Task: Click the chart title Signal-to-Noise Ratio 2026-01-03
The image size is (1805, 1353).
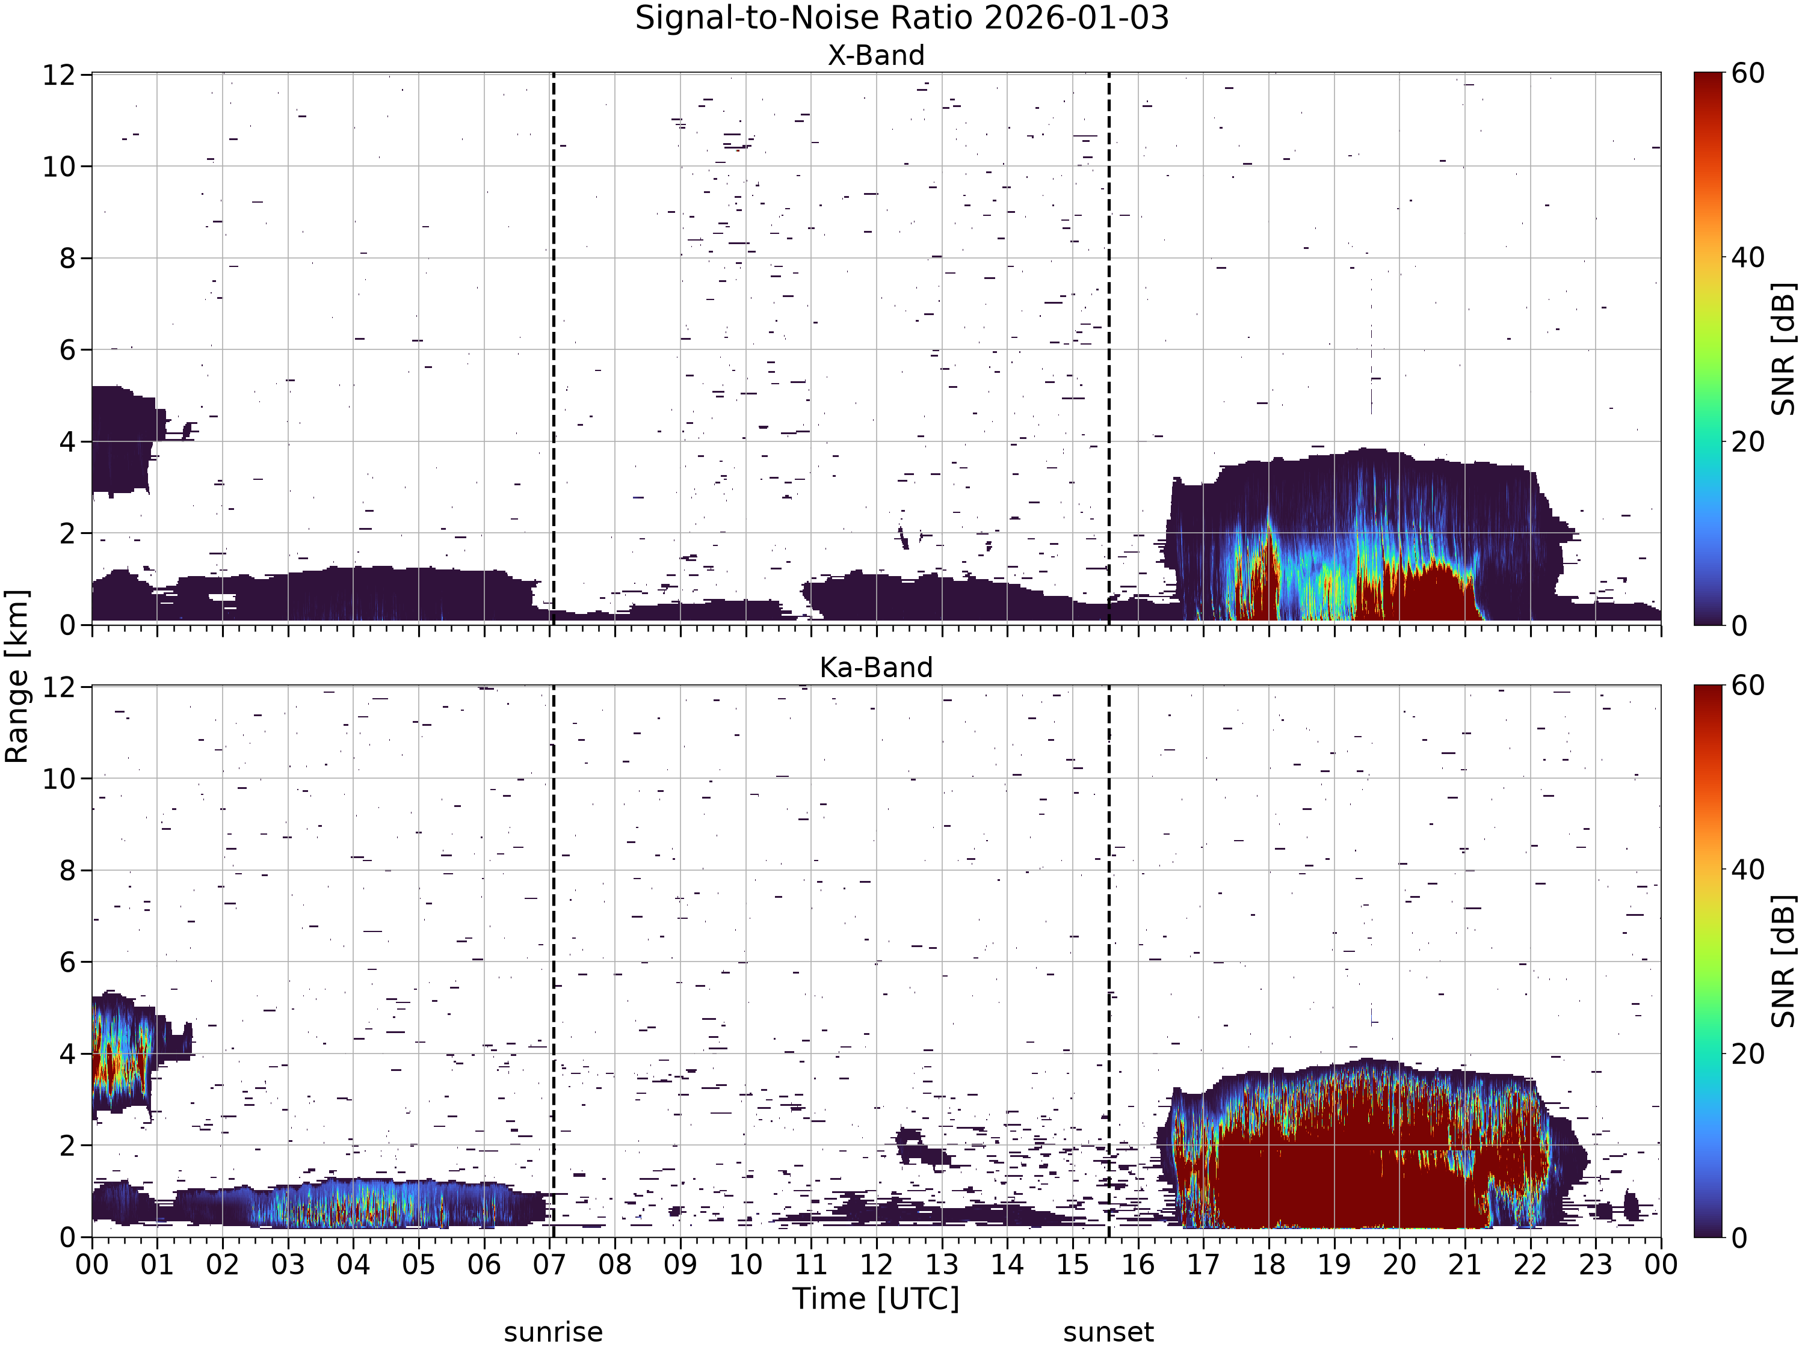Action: [902, 18]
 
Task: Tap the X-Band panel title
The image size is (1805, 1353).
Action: [877, 55]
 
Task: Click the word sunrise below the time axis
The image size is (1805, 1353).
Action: [554, 1333]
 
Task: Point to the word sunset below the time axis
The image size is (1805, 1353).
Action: [1108, 1333]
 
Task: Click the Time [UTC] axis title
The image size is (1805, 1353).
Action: [877, 1298]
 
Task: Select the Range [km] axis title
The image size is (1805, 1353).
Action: [16, 676]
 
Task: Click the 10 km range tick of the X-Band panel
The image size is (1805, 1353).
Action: [59, 167]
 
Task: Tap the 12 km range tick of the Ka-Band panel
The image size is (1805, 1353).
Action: [59, 687]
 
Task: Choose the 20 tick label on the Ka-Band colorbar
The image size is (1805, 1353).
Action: [1748, 1054]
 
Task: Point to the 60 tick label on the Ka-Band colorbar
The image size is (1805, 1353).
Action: [1748, 686]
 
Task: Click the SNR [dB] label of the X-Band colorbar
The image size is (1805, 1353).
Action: [1785, 349]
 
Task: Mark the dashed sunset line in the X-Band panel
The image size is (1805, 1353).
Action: [1109, 349]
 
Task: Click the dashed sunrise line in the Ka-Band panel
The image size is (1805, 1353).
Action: [554, 962]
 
